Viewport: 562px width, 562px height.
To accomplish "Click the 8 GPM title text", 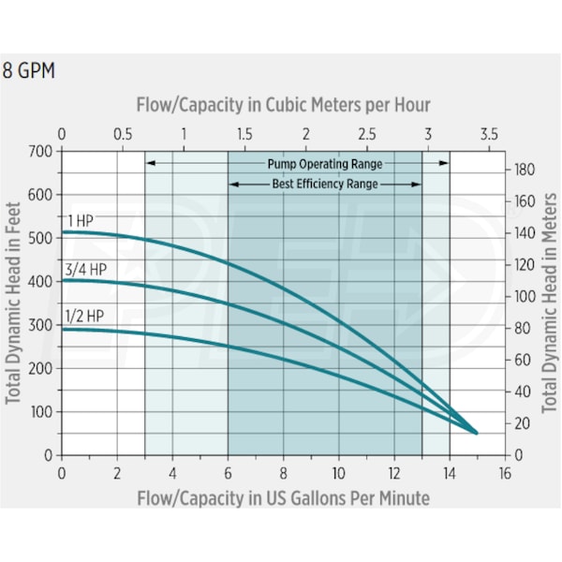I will [29, 71].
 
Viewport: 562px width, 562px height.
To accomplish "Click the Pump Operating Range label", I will [325, 163].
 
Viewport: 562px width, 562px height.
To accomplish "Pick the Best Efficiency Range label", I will [325, 185].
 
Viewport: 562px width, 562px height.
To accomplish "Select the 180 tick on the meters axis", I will [524, 170].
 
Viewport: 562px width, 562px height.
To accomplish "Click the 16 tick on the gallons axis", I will [505, 473].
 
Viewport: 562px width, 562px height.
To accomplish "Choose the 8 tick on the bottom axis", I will [283, 473].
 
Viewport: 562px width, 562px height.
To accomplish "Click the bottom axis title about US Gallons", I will [283, 497].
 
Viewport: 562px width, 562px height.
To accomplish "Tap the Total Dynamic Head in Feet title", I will [14, 302].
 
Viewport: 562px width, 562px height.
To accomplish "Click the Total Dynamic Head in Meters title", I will [551, 302].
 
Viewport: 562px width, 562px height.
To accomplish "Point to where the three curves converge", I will [476, 433].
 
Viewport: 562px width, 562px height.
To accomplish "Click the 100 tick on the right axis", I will [524, 296].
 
